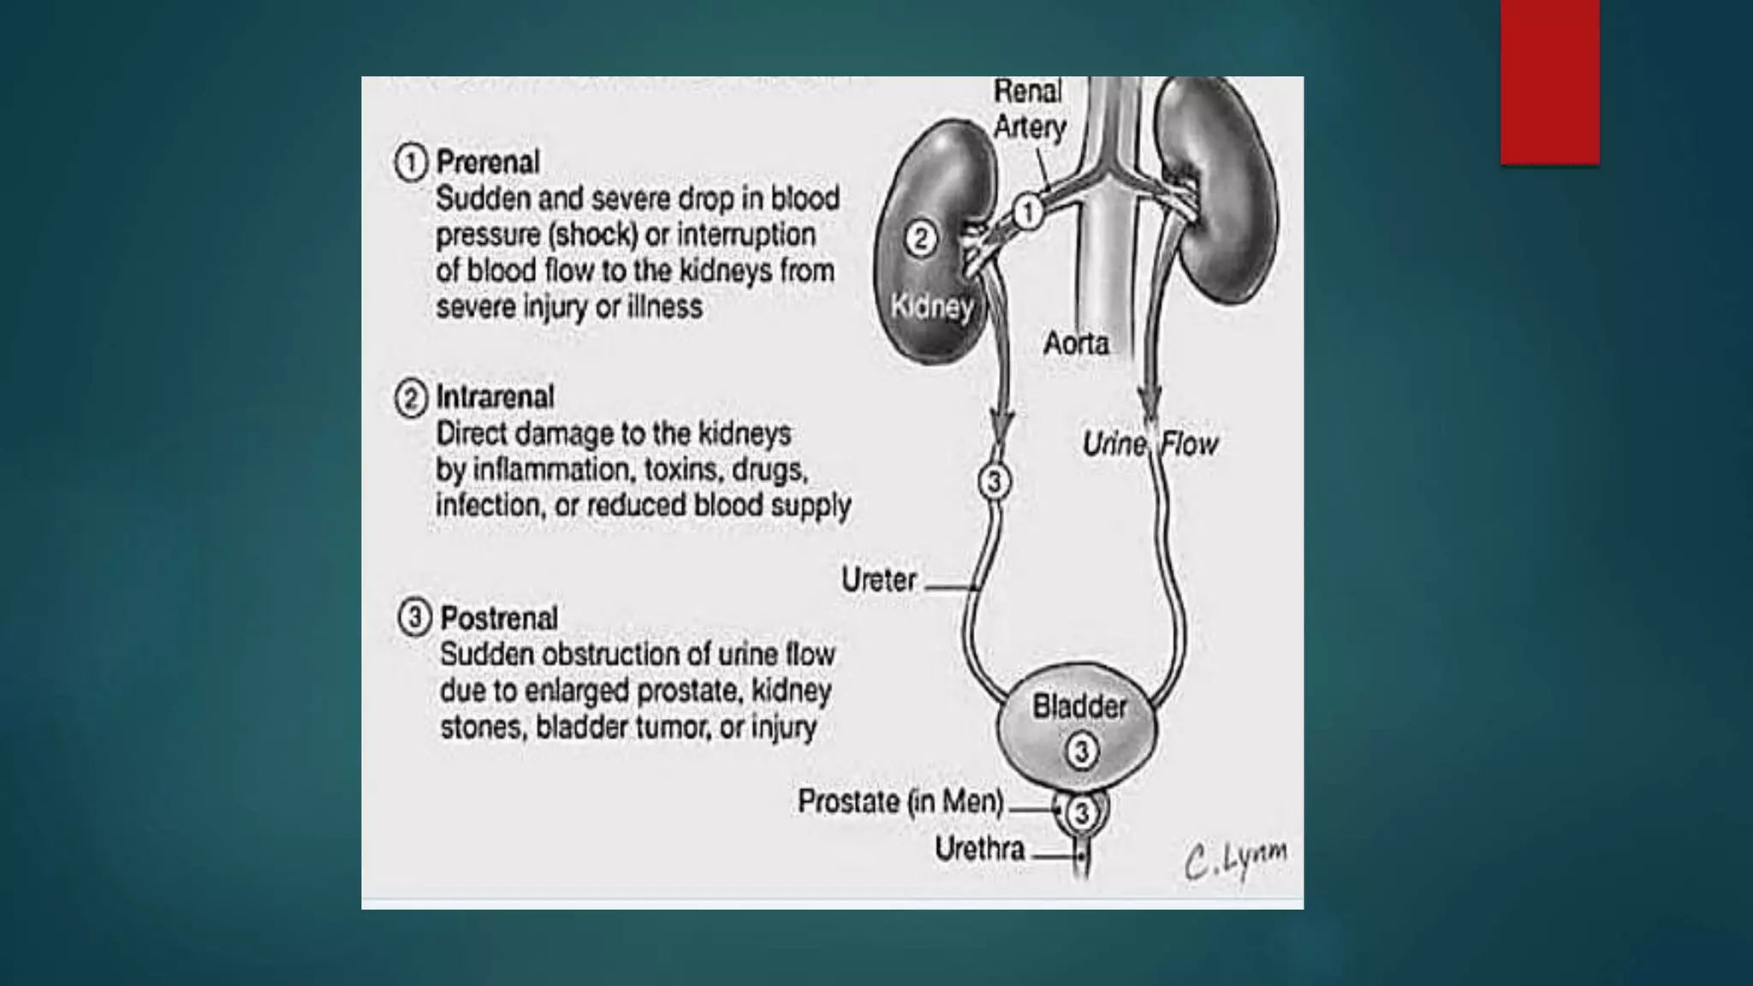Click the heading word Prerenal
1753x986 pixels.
point(488,162)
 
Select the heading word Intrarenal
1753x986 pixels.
point(495,397)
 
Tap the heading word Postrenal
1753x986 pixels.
point(498,618)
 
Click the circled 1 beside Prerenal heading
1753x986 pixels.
point(411,162)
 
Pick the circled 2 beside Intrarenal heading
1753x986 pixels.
point(411,399)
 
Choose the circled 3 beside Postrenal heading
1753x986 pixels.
point(414,617)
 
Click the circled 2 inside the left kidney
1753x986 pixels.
point(920,238)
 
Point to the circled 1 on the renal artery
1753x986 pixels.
point(1028,211)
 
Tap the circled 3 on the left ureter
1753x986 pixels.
point(995,481)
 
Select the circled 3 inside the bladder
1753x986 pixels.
point(1082,751)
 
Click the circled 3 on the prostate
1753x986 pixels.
point(1082,811)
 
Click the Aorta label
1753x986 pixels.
point(1076,343)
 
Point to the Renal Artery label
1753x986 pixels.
point(1029,110)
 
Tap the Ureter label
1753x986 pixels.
point(878,580)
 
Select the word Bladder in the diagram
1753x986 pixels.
point(1079,707)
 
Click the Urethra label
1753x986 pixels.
point(979,849)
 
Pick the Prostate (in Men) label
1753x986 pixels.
point(900,802)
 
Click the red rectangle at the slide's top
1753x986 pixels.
point(1549,82)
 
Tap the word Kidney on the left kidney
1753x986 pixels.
point(931,306)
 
